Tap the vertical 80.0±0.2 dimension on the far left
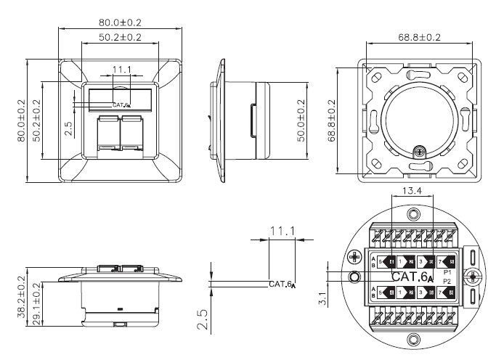(x=21, y=120)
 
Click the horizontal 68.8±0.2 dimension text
(x=419, y=36)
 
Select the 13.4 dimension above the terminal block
(x=411, y=191)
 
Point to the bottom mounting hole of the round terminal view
(x=413, y=338)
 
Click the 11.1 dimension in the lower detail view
(x=281, y=231)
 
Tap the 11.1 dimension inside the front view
(x=121, y=70)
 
